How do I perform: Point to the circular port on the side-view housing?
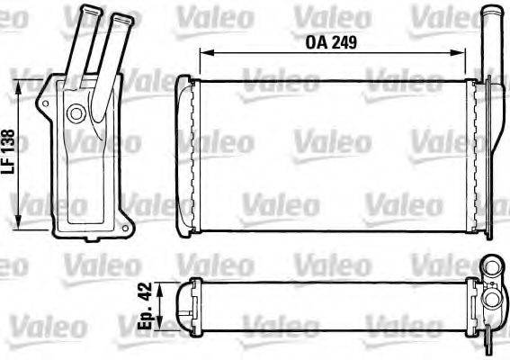point(76,113)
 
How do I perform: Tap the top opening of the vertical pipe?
point(490,11)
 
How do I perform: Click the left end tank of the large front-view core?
point(184,156)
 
